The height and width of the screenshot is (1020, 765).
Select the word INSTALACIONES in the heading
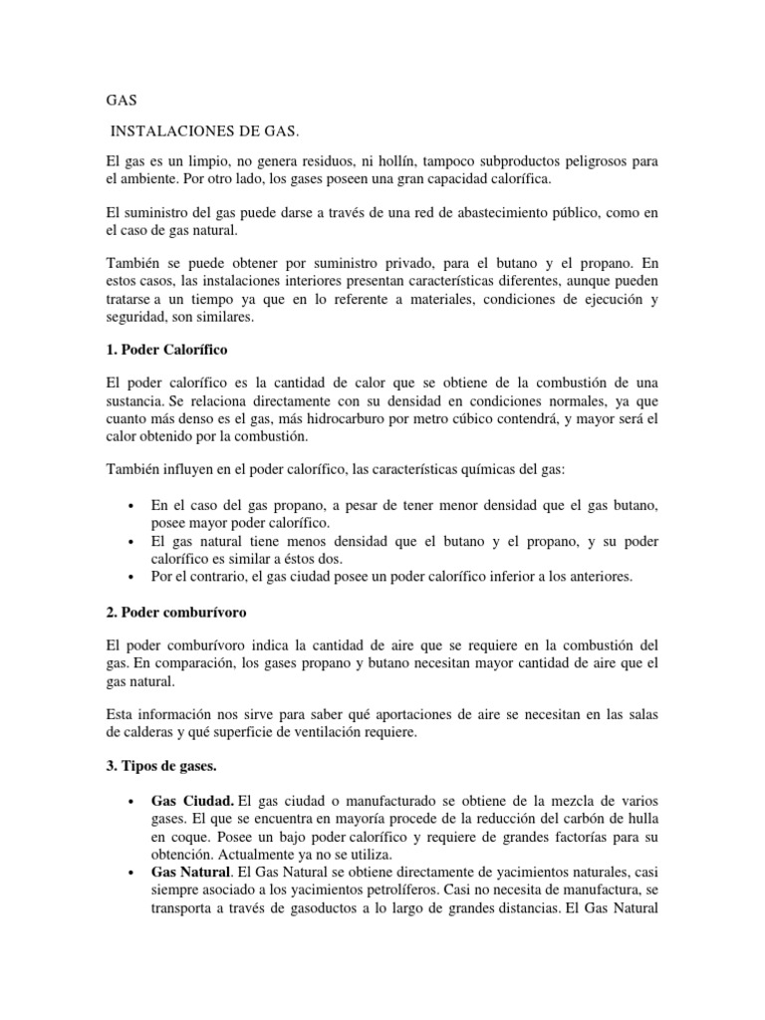point(164,131)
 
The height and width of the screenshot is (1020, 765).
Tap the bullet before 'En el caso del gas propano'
point(131,506)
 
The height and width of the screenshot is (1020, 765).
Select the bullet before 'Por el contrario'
point(131,576)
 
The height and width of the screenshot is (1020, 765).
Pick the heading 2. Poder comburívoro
point(174,612)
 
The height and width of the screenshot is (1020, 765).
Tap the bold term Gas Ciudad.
point(193,803)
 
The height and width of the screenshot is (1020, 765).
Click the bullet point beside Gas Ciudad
point(131,803)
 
